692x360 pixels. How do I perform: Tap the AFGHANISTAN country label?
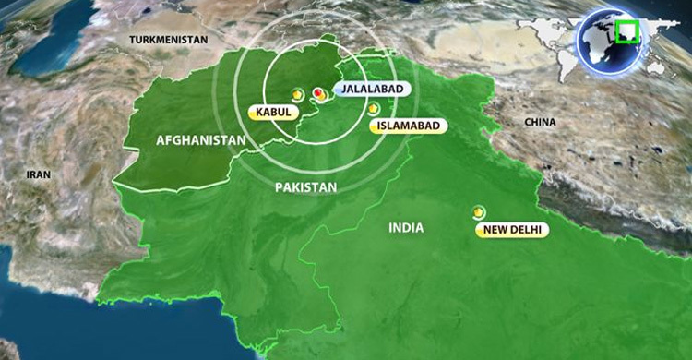tap(200, 140)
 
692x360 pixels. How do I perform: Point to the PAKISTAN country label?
tap(305, 186)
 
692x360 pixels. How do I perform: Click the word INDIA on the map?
tap(406, 226)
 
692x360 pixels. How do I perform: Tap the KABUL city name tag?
tap(274, 113)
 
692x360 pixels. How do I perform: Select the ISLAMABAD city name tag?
tap(402, 126)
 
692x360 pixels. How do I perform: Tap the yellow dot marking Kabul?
tap(297, 94)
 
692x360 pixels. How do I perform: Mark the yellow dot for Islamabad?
tap(374, 109)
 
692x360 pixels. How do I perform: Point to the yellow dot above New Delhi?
tap(478, 211)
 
